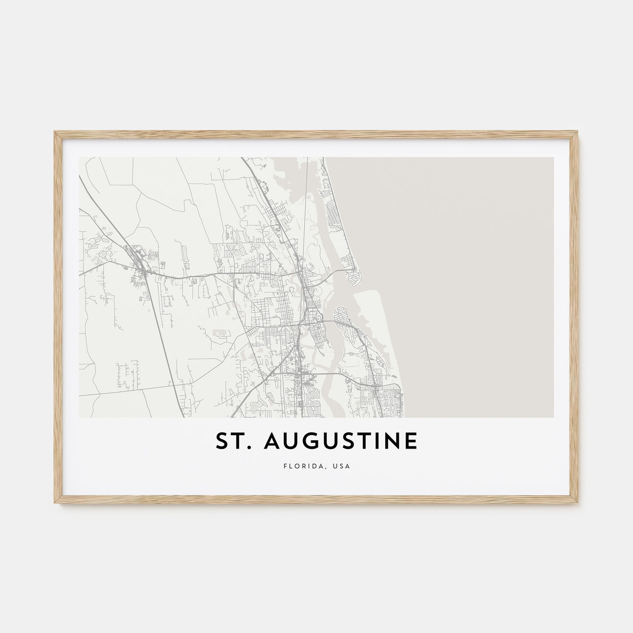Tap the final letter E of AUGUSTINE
[x=411, y=442]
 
